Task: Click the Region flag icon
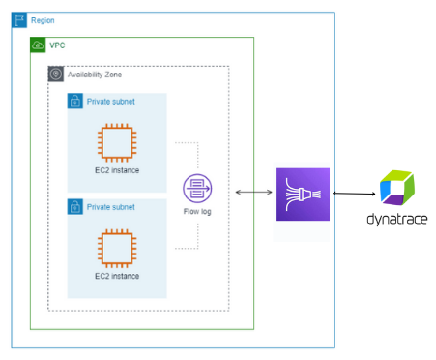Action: pos(19,19)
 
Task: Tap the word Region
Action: pos(44,19)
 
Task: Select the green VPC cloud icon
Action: pos(39,45)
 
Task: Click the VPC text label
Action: pos(58,45)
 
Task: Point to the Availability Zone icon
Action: pos(56,74)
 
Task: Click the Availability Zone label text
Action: pos(95,75)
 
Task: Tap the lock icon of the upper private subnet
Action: pos(75,101)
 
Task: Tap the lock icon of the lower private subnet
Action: pos(75,206)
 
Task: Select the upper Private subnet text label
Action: pos(112,101)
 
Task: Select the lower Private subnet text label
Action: pos(112,206)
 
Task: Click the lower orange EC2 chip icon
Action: pos(116,249)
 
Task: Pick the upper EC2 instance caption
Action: pos(116,171)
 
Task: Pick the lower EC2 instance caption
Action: pos(116,276)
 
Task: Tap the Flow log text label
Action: pos(197,211)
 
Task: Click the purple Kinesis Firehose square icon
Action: pos(303,194)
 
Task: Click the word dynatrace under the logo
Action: pos(396,219)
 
